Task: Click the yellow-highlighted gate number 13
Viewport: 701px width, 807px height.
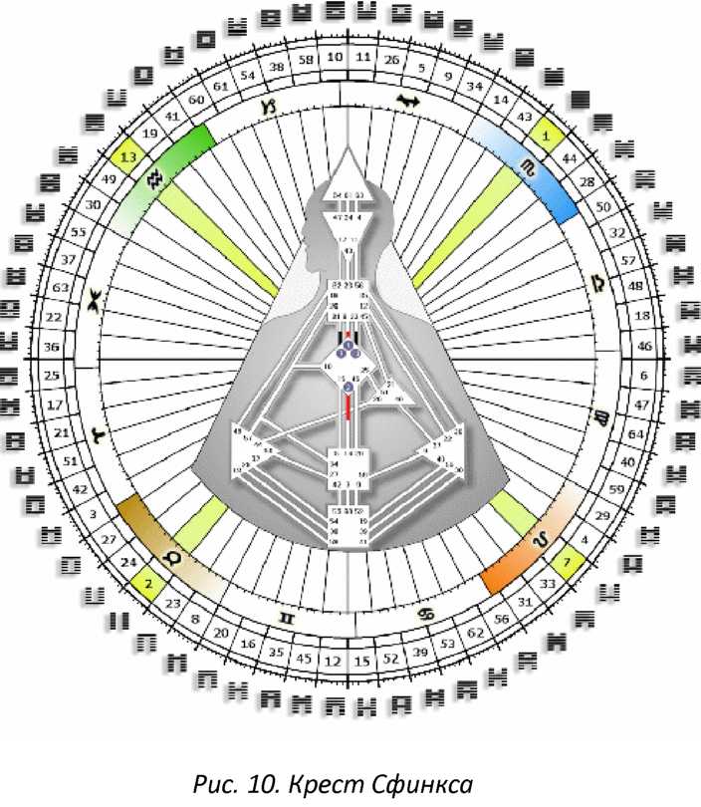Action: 127,156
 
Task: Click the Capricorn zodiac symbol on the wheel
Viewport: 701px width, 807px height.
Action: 267,104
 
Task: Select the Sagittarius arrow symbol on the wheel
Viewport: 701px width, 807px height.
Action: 407,100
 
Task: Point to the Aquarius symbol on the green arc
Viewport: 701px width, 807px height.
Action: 154,179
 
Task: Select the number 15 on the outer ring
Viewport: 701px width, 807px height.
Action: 362,658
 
